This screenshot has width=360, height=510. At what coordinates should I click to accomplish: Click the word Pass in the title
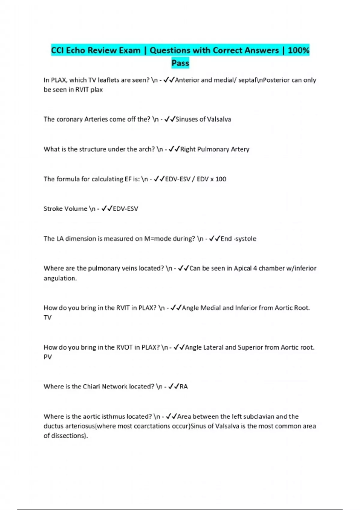[x=180, y=63]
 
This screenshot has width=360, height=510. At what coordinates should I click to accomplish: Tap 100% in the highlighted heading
[x=298, y=50]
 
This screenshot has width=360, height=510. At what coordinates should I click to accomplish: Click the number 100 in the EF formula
[x=220, y=179]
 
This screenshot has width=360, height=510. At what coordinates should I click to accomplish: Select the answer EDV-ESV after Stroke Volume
[x=125, y=209]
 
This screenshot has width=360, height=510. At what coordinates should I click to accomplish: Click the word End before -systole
[x=226, y=239]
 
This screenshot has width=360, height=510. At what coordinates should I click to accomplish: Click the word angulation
[x=60, y=278]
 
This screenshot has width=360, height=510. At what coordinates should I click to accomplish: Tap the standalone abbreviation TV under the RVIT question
[x=47, y=317]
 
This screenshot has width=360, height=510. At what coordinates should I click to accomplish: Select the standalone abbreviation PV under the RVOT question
[x=47, y=357]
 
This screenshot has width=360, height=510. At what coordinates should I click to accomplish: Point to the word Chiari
[x=91, y=387]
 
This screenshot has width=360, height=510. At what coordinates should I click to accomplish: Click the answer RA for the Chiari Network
[x=184, y=387]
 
